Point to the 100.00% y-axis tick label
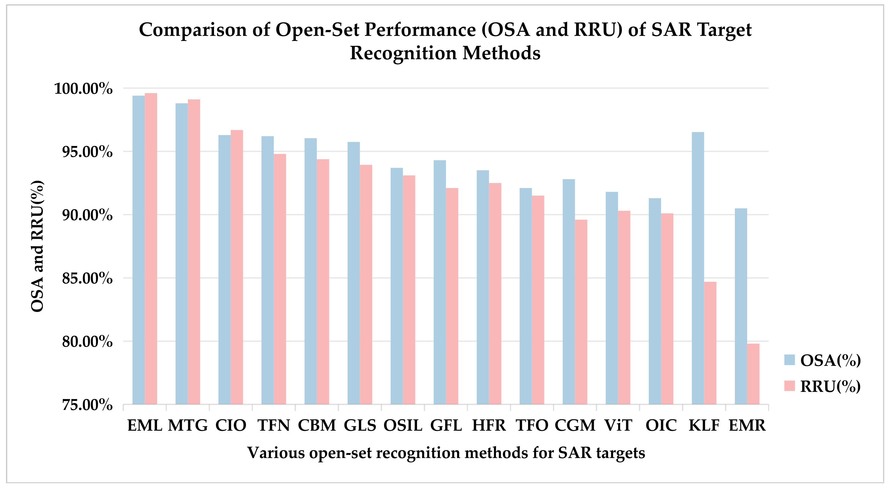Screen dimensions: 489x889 (x=83, y=89)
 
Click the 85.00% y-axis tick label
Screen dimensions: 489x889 (x=87, y=278)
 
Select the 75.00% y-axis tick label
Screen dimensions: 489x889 (x=87, y=405)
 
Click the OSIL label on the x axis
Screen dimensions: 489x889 (x=403, y=425)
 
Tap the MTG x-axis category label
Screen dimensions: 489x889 (x=188, y=425)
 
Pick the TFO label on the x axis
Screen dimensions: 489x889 (x=532, y=425)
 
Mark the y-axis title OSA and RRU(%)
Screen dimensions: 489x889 (x=37, y=246)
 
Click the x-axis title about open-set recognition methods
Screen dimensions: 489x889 (x=446, y=453)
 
